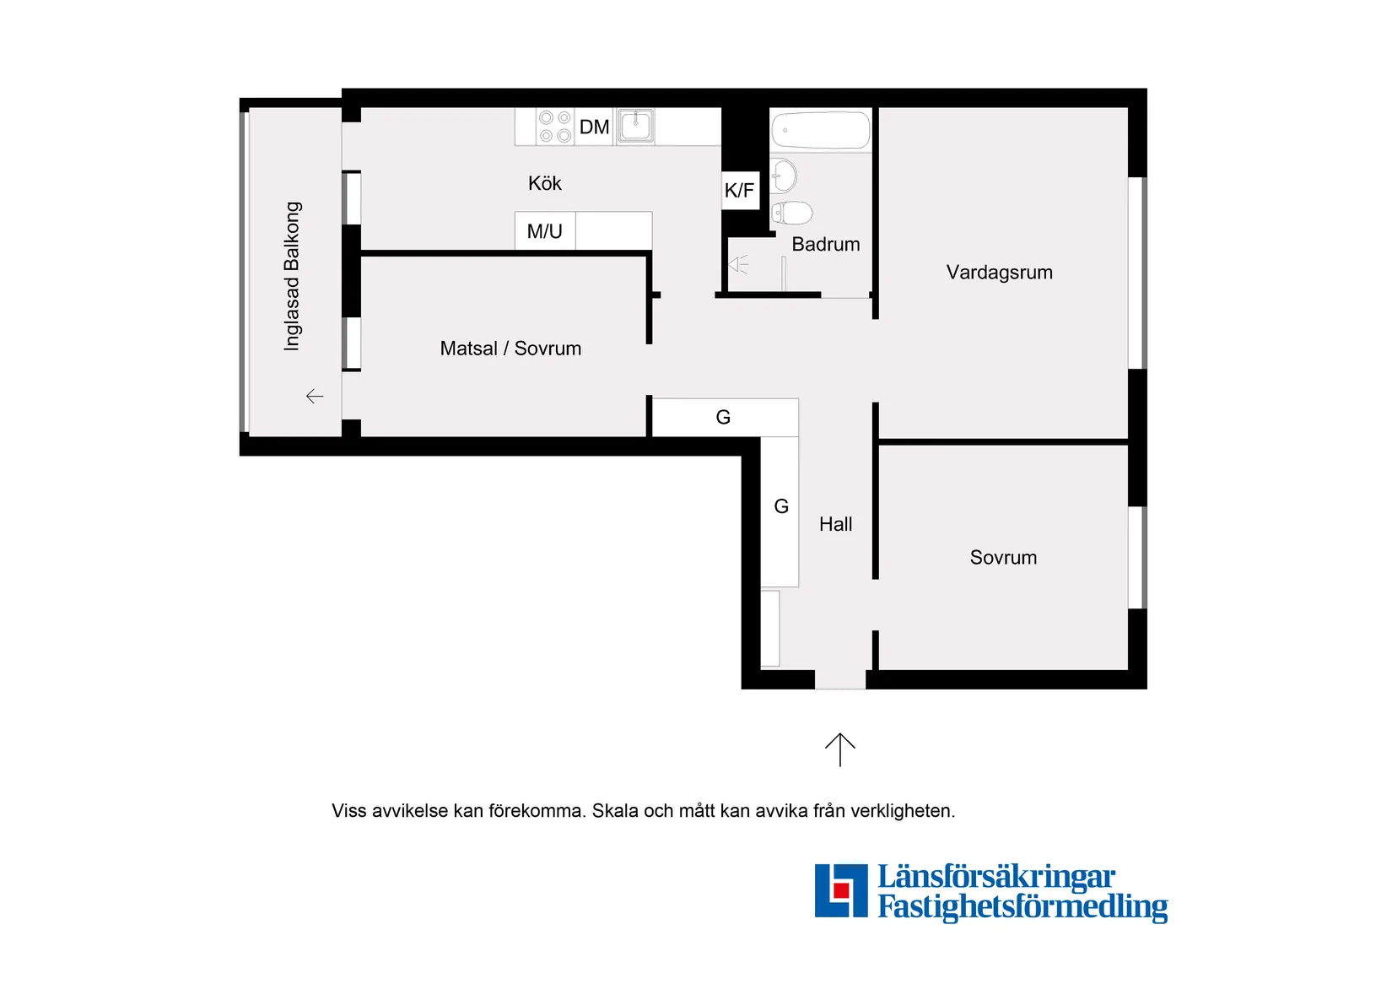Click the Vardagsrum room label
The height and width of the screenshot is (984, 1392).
999,273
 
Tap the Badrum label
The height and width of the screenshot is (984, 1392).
825,245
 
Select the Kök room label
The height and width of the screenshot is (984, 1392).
544,183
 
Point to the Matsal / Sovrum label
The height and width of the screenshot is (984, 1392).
510,349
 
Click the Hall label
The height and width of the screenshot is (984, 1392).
835,524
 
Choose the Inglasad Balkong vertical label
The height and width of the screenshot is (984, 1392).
292,276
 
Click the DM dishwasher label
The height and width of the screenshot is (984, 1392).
594,127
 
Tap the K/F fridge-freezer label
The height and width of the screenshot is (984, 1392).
739,191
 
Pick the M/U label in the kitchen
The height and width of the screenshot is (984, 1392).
544,231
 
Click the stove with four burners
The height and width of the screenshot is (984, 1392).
555,127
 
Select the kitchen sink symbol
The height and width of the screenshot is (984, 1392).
635,127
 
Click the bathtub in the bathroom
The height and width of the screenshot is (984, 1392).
820,130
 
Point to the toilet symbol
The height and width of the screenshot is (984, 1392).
792,213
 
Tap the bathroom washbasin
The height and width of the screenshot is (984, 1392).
784,176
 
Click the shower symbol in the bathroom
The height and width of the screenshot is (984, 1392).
738,265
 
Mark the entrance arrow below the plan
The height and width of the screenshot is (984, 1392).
839,749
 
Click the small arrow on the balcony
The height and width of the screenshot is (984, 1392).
315,396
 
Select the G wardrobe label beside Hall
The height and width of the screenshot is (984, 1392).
781,506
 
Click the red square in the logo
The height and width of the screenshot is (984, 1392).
840,890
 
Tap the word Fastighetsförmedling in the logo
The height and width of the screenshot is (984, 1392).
1022,907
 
